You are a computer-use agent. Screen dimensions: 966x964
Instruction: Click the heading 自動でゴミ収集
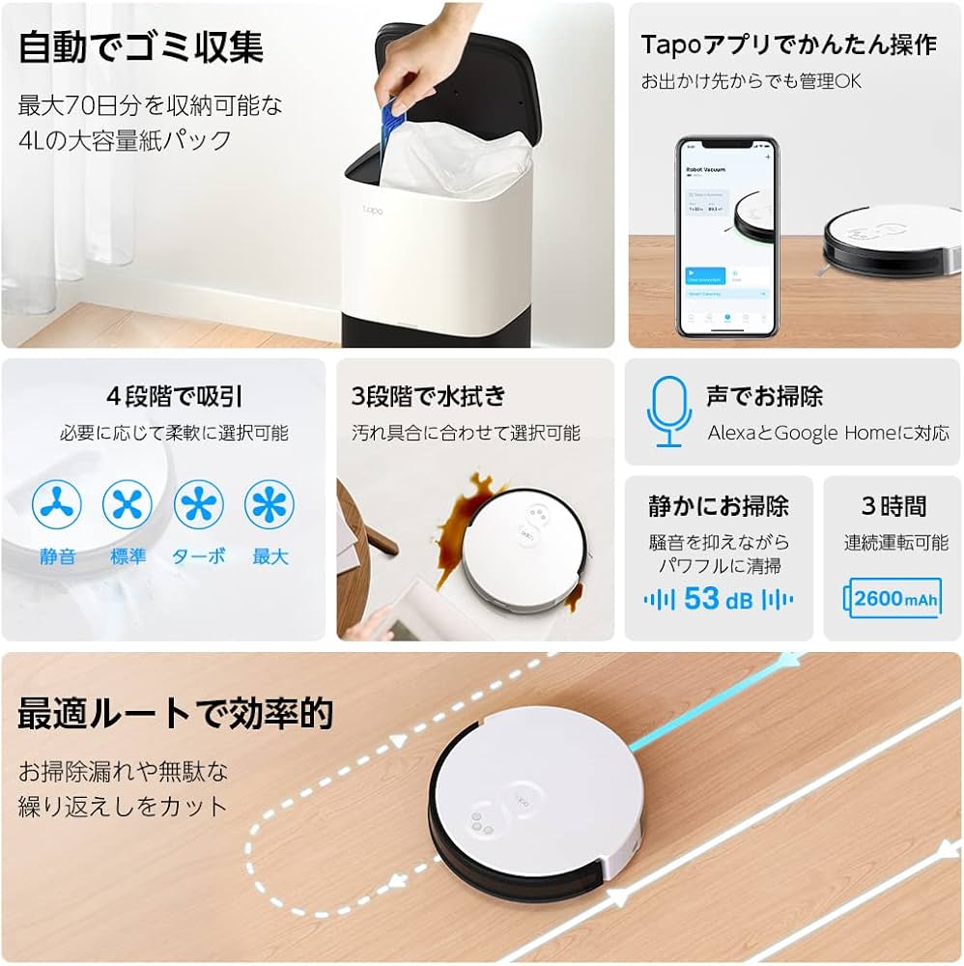141,47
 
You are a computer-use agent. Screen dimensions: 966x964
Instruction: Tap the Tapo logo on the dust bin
373,209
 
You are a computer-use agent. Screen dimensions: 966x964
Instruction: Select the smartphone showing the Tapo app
725,236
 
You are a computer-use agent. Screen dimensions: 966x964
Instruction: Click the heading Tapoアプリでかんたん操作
788,45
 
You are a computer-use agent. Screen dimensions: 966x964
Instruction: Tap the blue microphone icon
668,412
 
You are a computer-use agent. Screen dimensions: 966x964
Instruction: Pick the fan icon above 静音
57,504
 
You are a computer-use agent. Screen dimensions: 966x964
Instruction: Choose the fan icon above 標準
128,504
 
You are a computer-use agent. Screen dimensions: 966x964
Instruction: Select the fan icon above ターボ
199,504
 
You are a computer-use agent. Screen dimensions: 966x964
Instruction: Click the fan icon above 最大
269,504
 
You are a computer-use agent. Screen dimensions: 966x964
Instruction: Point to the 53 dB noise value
718,599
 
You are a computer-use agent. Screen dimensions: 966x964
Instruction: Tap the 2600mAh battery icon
893,599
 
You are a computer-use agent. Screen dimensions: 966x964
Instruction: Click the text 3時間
893,506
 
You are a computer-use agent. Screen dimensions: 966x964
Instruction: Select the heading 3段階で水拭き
429,396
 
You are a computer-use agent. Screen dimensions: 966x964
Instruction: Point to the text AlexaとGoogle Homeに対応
828,433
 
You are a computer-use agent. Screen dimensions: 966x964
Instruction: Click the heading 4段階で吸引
174,396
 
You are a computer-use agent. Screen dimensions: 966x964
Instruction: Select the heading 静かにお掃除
719,506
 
